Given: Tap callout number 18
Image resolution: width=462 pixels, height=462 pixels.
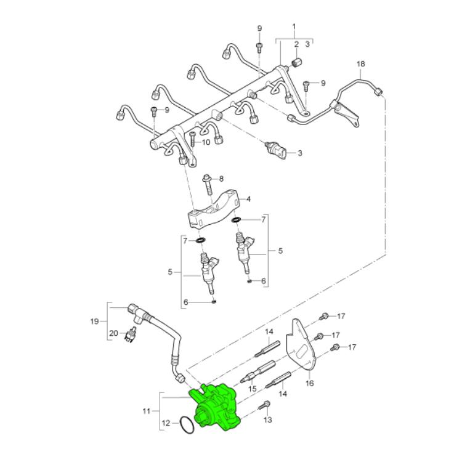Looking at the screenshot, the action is pos(360,64).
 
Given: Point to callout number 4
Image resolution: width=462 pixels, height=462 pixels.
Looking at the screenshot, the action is pos(248,199).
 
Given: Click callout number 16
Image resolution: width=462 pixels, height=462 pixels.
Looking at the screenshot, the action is pos(310,383).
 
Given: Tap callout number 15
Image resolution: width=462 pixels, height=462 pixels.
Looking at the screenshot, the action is pos(253,389).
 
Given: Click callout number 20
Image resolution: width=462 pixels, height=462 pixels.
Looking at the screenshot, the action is pos(113,333).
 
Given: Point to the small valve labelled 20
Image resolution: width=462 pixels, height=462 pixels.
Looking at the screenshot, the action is pos(131,334).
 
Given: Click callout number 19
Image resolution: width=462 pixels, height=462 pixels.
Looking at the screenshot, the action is pos(94,321).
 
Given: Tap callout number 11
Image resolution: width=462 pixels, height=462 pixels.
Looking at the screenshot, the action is pos(147,411).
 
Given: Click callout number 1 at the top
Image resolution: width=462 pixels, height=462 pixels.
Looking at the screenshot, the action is pos(294,27).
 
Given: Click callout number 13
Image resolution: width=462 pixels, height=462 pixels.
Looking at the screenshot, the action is pos(268,419).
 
